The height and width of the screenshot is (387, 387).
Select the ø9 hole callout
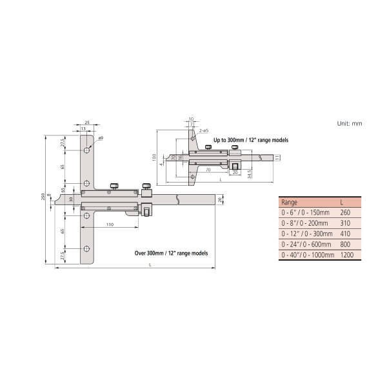tap(101, 139)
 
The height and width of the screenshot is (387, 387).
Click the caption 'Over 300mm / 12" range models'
tap(171, 253)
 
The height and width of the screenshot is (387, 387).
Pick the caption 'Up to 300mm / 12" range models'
tap(251, 139)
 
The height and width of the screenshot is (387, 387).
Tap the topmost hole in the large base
tap(86, 150)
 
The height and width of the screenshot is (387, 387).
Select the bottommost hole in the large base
tap(86, 248)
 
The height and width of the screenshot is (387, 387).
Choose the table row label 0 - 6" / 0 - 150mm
tap(304, 212)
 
